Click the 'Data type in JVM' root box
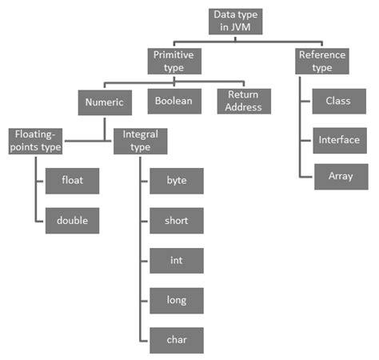(x=237, y=22)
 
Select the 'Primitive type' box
(x=173, y=62)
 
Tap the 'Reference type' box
(x=321, y=62)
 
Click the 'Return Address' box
(x=244, y=101)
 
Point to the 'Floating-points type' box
(x=36, y=141)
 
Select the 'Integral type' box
(x=140, y=141)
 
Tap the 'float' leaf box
(x=74, y=181)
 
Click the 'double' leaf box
(x=74, y=220)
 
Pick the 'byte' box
(x=177, y=181)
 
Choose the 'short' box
(x=177, y=220)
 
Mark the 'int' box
(x=177, y=260)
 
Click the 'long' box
(x=177, y=300)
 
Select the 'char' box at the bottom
(x=177, y=339)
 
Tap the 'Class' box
(x=337, y=102)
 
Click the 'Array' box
(x=337, y=176)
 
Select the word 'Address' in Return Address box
(x=244, y=107)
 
